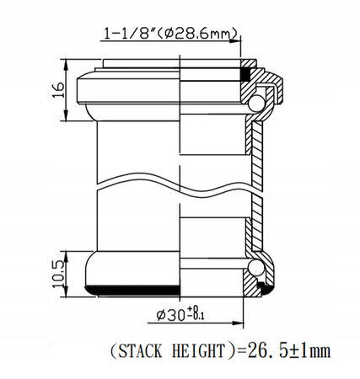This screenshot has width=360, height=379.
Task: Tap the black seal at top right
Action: point(247,74)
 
